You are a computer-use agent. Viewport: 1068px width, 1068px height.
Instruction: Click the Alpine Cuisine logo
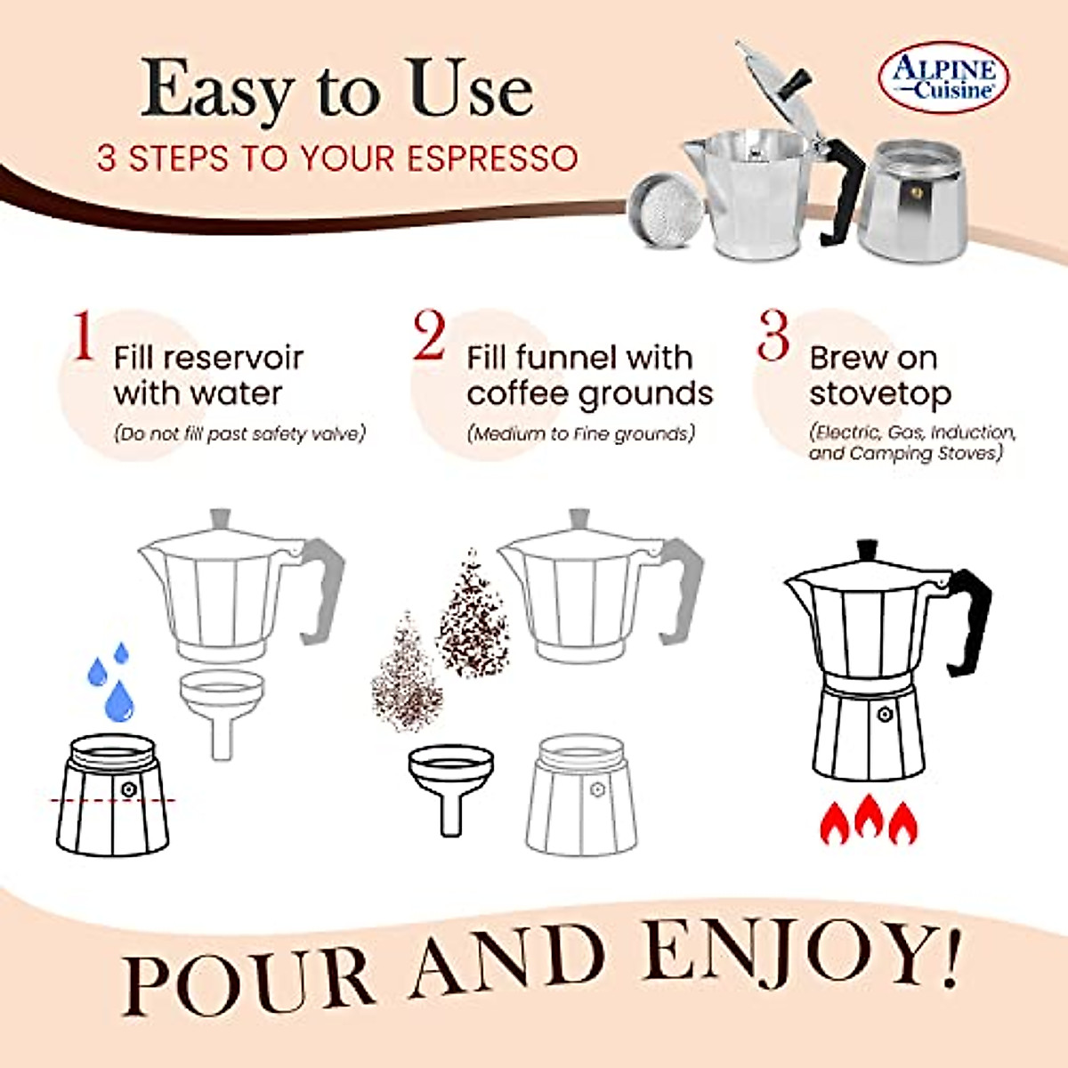coord(943,77)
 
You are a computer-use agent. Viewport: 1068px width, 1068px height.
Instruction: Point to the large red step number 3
coord(773,336)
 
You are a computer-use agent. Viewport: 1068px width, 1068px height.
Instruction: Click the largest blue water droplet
coord(119,702)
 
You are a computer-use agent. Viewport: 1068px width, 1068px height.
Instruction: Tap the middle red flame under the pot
coord(869,817)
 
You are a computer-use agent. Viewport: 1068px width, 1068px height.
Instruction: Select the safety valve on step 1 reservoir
coord(129,789)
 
